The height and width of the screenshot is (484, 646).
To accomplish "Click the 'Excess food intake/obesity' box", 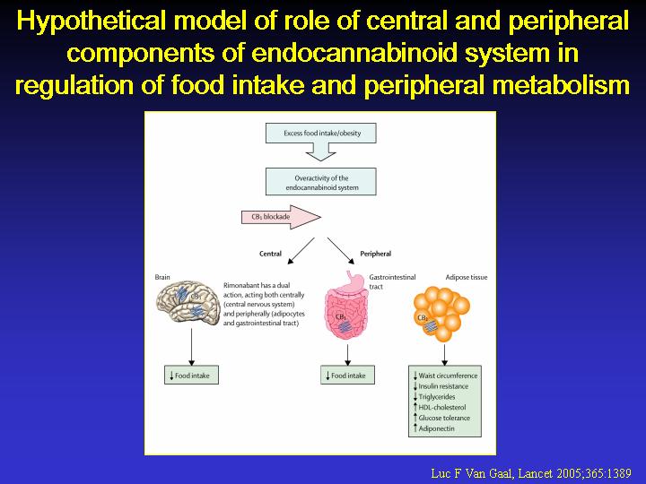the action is [x=320, y=133].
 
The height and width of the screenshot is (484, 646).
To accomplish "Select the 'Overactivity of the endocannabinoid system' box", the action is [x=320, y=181].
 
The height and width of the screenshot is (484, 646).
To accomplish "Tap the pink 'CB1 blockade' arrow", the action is [x=281, y=217].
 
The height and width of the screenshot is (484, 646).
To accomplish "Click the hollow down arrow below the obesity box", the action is [x=320, y=151].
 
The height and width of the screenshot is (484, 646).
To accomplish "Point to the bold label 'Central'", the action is [x=270, y=254].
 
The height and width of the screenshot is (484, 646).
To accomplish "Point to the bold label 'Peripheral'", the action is [x=375, y=254].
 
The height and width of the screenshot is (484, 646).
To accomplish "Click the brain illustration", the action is [x=188, y=303].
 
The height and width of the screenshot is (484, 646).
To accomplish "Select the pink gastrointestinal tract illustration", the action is [x=346, y=305].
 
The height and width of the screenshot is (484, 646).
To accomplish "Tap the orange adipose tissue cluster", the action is [x=441, y=314].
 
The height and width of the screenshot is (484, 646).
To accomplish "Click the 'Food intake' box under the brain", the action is [x=191, y=375].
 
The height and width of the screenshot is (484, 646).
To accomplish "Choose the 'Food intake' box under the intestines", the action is [x=347, y=375].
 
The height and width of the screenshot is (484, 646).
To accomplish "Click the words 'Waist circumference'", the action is [x=448, y=376].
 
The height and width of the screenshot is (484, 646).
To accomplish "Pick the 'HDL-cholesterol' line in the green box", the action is [x=442, y=408].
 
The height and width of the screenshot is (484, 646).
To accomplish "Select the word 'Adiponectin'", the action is [x=436, y=428].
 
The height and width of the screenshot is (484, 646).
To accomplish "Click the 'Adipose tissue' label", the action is [x=467, y=277].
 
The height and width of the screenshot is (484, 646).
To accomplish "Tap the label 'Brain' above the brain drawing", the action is [x=162, y=277].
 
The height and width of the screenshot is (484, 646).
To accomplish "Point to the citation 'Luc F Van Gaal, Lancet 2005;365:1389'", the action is [x=531, y=473].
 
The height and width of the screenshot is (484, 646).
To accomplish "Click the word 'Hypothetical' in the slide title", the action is [x=92, y=21].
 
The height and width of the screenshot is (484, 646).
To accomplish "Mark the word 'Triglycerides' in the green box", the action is [x=437, y=397].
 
